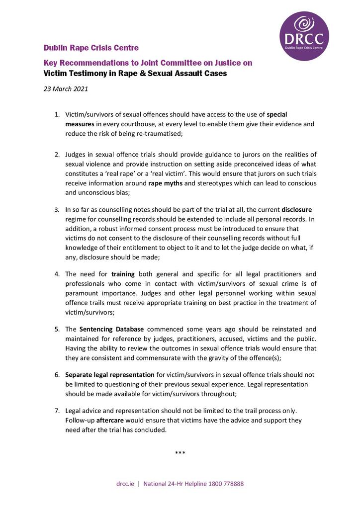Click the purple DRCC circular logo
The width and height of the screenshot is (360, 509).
[304, 36]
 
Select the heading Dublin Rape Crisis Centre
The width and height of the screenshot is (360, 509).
[91, 48]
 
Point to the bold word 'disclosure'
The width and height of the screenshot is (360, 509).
[297, 209]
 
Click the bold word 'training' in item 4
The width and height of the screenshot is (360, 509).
[123, 274]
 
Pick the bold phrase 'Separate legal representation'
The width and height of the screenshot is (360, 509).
[110, 375]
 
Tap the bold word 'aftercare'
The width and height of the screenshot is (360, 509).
[110, 420]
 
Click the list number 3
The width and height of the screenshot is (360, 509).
[57, 209]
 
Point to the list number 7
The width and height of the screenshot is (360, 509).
[57, 411]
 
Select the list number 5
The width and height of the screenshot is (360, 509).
[57, 329]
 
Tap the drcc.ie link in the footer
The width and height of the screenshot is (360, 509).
[125, 483]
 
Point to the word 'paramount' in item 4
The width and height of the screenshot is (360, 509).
[81, 293]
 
